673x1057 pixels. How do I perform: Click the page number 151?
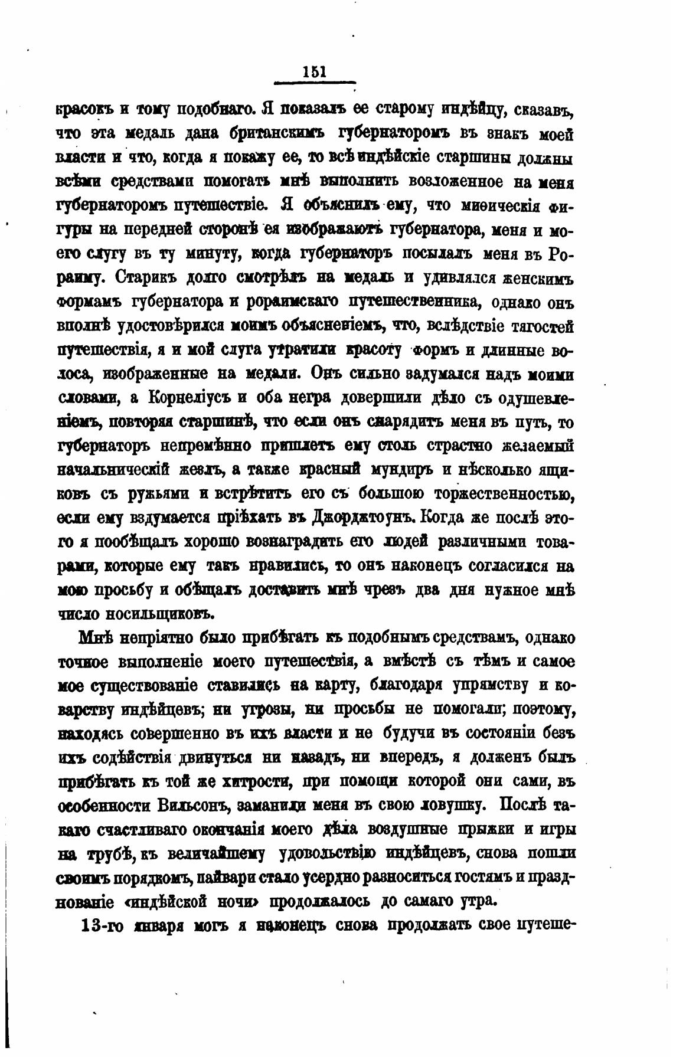tap(314, 72)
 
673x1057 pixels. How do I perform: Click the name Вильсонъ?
tap(194, 806)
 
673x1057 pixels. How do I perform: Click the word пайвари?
tap(233, 878)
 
